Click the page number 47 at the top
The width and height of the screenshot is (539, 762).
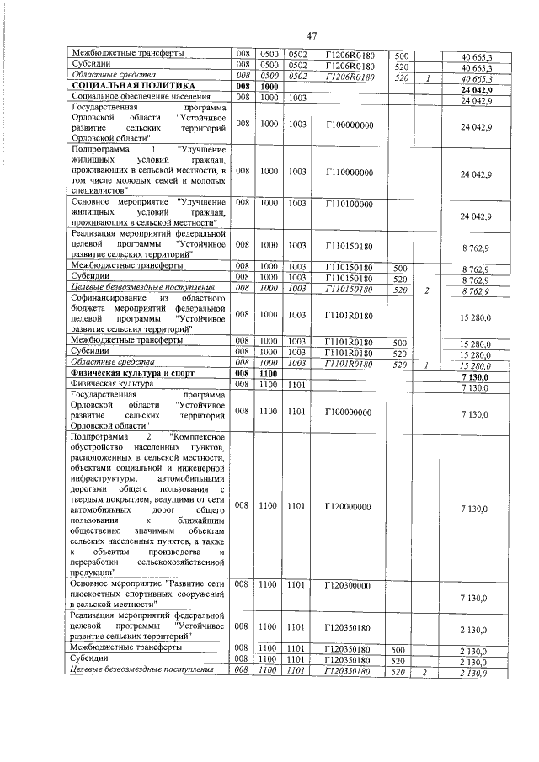point(311,35)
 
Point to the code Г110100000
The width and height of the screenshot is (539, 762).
point(350,204)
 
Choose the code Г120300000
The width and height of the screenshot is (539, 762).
point(350,583)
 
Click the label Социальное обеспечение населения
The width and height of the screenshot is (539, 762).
point(129,99)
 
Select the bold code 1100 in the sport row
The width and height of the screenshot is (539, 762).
point(269,373)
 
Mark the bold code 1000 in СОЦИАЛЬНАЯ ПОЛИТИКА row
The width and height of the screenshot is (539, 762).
point(269,87)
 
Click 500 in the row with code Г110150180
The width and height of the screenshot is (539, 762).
point(401,266)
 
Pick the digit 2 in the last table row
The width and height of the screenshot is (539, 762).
point(427,672)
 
